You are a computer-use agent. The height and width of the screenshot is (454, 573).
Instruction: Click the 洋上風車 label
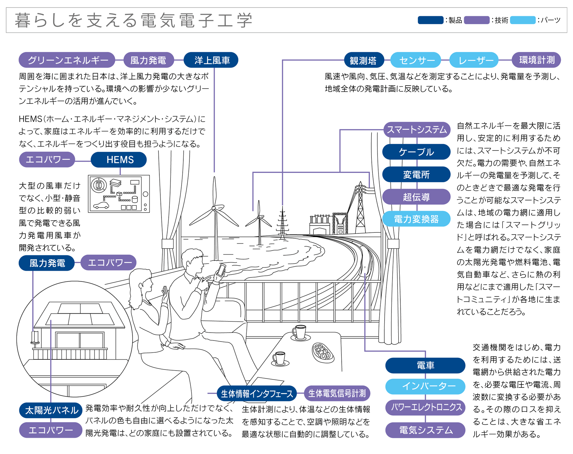click(211, 60)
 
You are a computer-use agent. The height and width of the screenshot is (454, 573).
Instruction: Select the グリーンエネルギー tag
click(67, 60)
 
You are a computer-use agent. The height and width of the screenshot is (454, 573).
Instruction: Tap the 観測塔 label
click(363, 60)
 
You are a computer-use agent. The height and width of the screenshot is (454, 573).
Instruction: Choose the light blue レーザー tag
click(476, 60)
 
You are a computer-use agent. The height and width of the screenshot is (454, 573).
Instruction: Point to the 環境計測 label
click(536, 60)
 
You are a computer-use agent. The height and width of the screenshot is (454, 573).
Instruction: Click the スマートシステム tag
click(416, 130)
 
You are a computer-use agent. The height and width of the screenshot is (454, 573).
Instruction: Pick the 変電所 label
click(416, 174)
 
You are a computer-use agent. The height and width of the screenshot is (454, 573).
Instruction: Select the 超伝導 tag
click(416, 197)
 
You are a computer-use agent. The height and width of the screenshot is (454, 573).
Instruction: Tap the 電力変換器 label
click(416, 219)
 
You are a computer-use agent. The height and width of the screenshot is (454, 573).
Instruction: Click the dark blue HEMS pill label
click(119, 160)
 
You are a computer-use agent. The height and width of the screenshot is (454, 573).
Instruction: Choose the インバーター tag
click(425, 386)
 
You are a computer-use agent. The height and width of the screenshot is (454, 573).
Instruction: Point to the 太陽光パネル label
click(51, 410)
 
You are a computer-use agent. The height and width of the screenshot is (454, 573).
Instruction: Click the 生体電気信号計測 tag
click(337, 393)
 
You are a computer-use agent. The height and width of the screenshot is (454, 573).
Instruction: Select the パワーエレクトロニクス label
click(425, 407)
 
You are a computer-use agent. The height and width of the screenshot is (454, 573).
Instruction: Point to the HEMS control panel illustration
click(119, 194)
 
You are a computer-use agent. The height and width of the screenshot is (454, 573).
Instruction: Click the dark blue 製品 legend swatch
click(430, 20)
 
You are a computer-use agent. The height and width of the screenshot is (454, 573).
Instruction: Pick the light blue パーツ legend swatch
click(523, 20)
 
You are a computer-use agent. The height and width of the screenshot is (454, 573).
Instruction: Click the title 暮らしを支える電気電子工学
click(134, 20)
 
